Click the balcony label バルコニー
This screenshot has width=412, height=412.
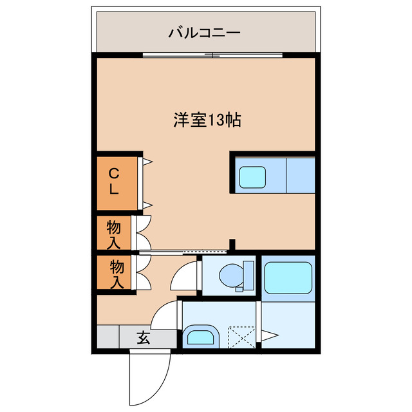205,32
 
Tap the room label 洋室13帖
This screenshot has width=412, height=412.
207,120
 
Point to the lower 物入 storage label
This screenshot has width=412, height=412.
117,273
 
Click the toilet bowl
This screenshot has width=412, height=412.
230,276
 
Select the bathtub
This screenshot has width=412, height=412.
288,277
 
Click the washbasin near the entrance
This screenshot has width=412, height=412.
200,337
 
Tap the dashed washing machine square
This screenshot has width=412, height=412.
241,336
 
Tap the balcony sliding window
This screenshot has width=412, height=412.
212,55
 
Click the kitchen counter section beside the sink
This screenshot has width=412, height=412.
299,174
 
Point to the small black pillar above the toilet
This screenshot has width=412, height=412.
233,245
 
